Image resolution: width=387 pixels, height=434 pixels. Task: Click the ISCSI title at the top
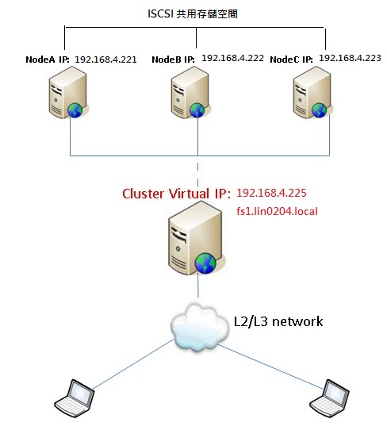(x=193, y=13)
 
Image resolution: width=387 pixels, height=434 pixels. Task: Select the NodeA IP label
(x=48, y=60)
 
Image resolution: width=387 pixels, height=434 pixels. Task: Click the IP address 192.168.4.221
(x=105, y=60)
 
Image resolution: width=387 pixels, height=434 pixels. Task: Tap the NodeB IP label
(x=173, y=60)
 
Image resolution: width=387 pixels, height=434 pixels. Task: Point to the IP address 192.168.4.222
(x=232, y=58)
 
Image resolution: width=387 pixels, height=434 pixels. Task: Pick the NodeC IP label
(x=291, y=60)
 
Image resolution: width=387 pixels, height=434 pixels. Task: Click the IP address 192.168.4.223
(x=350, y=58)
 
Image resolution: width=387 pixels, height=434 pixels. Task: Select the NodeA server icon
(x=68, y=93)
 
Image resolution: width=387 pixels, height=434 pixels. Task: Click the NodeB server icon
(x=190, y=93)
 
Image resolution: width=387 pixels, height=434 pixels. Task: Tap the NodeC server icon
(x=312, y=93)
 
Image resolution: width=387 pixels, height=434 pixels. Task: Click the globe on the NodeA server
(x=75, y=109)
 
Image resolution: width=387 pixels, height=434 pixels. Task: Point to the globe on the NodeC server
(x=320, y=110)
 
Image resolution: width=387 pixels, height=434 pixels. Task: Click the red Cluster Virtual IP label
(x=176, y=194)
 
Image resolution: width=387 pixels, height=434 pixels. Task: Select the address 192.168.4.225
(x=271, y=193)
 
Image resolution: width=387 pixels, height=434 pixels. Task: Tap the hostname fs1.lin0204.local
(x=277, y=212)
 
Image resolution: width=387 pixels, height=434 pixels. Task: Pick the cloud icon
(x=200, y=327)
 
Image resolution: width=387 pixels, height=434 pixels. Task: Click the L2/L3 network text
(x=278, y=321)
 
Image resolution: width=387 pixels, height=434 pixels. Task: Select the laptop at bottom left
(x=75, y=398)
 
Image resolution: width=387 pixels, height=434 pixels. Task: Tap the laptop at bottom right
(x=329, y=398)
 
